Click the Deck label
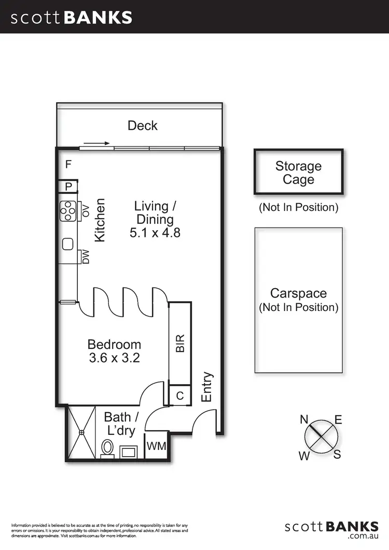pos(142,125)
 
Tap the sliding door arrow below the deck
pos(96,143)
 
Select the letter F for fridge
pos(68,165)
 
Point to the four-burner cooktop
pos(68,211)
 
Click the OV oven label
pos(86,211)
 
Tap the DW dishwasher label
pos(86,257)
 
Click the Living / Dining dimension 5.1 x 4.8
pos(155,233)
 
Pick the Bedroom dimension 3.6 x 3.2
pos(114,358)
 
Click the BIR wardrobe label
pos(180,343)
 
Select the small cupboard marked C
pos(180,396)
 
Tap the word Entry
pos(206,387)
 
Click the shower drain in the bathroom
pos(81,432)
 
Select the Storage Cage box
pos(298,173)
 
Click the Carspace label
pos(298,293)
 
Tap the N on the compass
pos(304,420)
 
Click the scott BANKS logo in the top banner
pos(72,17)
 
